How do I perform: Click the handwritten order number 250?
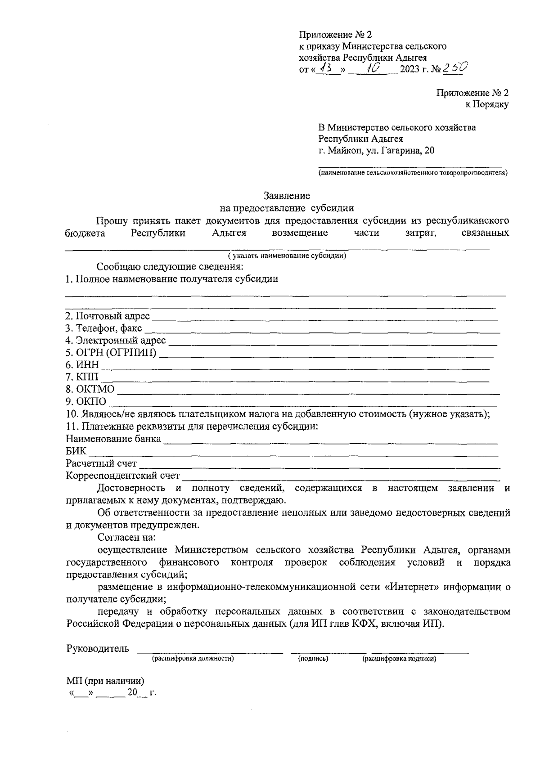(455, 68)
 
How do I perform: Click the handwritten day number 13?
(326, 68)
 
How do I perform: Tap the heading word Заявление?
(287, 196)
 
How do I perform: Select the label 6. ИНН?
(82, 365)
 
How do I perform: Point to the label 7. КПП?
(82, 377)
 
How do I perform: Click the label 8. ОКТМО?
(90, 389)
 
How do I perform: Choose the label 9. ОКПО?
(86, 401)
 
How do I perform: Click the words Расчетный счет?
(101, 463)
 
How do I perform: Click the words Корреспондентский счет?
(122, 476)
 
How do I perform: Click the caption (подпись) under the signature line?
(313, 659)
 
